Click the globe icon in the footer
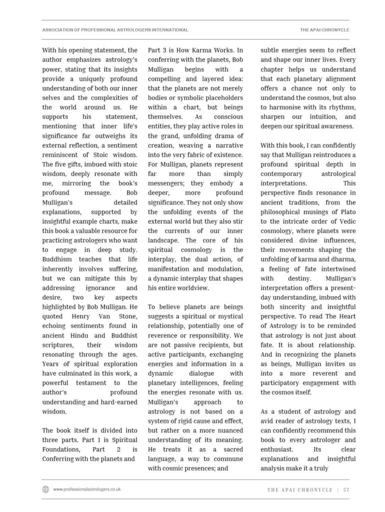46,489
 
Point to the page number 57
346,490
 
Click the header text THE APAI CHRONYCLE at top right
325,30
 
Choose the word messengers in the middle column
168,183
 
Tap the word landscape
165,240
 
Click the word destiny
299,278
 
